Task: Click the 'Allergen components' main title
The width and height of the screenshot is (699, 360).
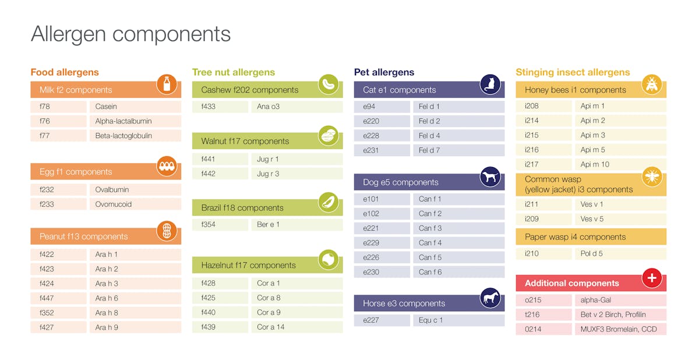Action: [130, 34]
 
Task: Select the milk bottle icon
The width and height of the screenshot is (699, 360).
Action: [167, 84]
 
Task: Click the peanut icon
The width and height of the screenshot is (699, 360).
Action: [167, 231]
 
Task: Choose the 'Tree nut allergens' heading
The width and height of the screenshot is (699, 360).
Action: [233, 72]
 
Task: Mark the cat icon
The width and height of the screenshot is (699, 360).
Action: [490, 84]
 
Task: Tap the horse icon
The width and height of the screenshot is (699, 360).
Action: [490, 298]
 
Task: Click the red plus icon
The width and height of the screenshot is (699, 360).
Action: [651, 278]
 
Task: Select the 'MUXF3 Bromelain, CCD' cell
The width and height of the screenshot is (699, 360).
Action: [618, 329]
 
